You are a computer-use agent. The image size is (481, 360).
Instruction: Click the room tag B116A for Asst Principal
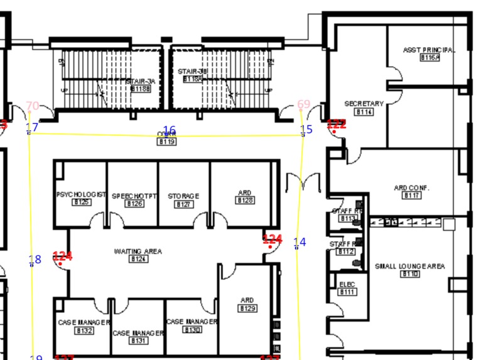(x=430, y=58)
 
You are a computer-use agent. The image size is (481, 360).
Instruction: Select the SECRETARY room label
(x=364, y=104)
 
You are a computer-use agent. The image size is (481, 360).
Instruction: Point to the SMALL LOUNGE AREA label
(x=409, y=266)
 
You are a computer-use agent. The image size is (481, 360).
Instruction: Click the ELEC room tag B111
(x=347, y=292)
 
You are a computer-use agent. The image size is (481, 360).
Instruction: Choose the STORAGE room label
(x=183, y=196)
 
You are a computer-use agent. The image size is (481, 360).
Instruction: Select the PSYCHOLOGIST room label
(x=81, y=195)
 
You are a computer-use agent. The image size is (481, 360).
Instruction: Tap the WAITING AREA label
(x=138, y=251)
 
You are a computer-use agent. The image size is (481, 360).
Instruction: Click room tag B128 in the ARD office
(x=245, y=200)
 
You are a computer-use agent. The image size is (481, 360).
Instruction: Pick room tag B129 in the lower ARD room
(x=247, y=308)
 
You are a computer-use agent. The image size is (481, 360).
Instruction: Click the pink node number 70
(x=33, y=106)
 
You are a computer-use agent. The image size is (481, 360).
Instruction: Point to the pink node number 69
(x=304, y=104)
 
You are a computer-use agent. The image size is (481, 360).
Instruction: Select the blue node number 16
(x=170, y=131)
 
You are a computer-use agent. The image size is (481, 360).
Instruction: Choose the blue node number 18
(x=35, y=259)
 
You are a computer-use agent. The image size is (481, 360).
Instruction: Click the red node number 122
(x=337, y=124)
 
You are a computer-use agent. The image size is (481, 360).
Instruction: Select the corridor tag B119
(x=166, y=142)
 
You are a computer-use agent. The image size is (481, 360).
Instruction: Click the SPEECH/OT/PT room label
(x=133, y=196)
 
